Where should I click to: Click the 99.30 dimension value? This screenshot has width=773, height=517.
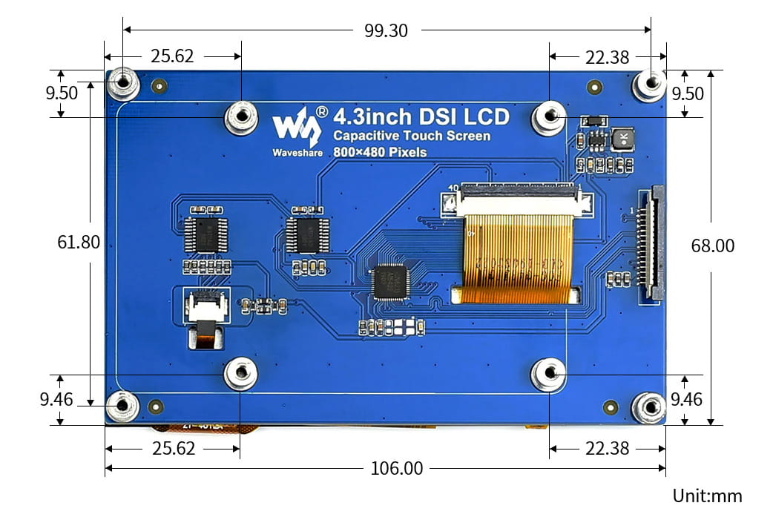pyautogui.click(x=386, y=30)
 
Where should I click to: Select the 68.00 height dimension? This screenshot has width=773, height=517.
pyautogui.click(x=713, y=246)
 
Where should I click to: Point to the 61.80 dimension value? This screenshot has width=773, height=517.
pyautogui.click(x=79, y=243)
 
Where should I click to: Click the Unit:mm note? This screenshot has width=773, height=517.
pyautogui.click(x=706, y=496)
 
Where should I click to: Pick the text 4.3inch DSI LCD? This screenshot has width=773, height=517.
pyautogui.click(x=421, y=117)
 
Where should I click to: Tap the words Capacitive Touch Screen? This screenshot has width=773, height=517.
pyautogui.click(x=412, y=136)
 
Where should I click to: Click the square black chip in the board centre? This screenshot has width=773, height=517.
pyautogui.click(x=390, y=281)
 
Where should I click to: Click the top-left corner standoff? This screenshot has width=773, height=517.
pyautogui.click(x=123, y=84)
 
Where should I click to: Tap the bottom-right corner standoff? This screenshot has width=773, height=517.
pyautogui.click(x=648, y=407)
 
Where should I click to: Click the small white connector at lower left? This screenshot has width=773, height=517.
pyautogui.click(x=205, y=307)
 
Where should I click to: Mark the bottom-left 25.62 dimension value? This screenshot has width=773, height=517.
pyautogui.click(x=172, y=448)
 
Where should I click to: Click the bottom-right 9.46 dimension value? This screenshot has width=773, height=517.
pyautogui.click(x=686, y=400)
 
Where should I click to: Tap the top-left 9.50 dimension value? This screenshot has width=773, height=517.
pyautogui.click(x=62, y=93)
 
